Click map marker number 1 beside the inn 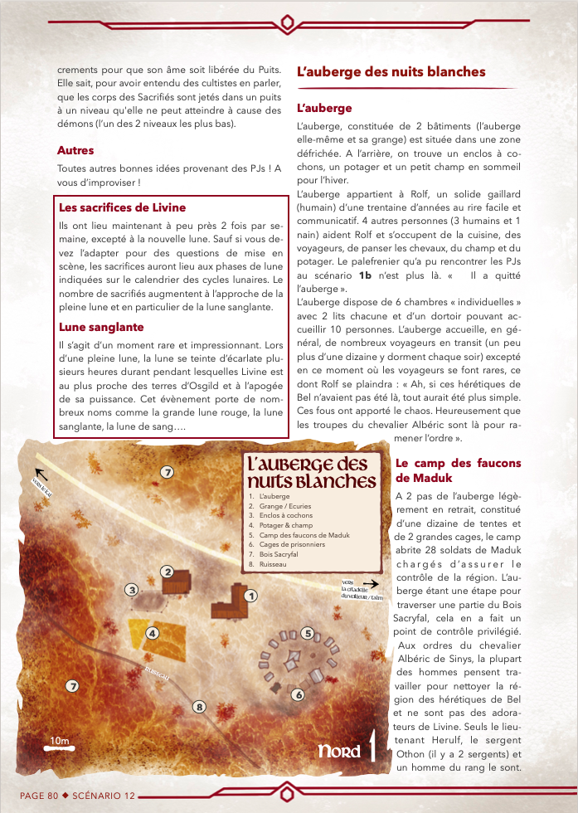(x=251, y=595)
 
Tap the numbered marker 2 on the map (x=167, y=571)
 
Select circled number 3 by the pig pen (x=131, y=590)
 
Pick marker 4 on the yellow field (x=153, y=634)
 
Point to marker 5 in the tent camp (x=308, y=634)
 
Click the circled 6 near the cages (x=299, y=694)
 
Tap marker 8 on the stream (x=199, y=707)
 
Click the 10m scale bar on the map (x=59, y=746)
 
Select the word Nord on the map (x=340, y=752)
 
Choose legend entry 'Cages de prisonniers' (x=287, y=545)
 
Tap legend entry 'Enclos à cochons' (x=283, y=515)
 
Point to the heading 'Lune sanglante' (x=100, y=327)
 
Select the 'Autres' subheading (x=75, y=150)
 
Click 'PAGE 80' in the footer (x=39, y=795)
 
